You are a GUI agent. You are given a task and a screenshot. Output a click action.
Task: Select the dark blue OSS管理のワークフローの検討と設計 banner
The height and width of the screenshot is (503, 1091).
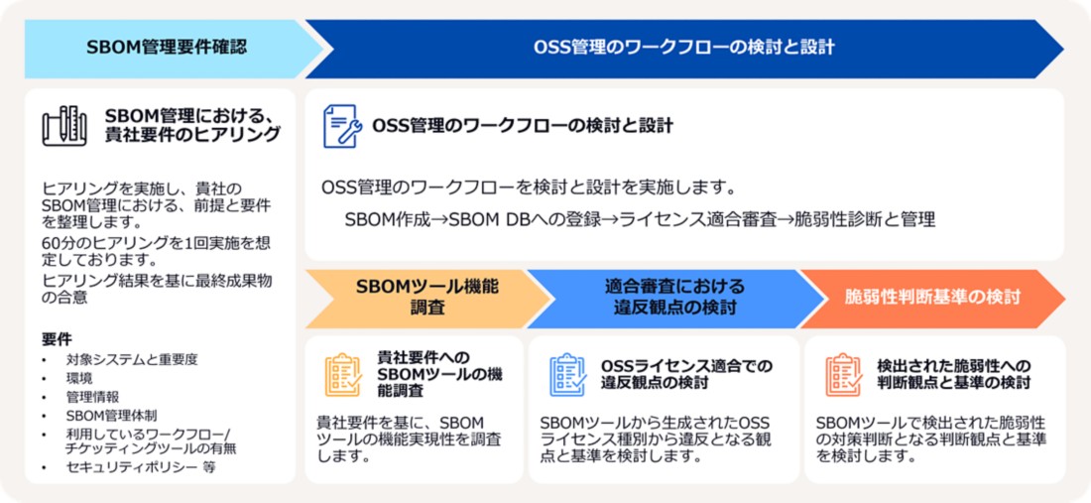683,47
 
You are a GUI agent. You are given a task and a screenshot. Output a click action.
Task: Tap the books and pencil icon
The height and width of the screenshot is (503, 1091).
64,125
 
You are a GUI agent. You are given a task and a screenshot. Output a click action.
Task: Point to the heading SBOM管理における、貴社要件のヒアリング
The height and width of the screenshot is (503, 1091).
192,125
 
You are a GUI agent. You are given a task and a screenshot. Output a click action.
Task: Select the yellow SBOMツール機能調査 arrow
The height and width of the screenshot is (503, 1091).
426,297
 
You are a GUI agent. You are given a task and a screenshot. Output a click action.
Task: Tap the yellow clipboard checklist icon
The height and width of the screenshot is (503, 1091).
343,374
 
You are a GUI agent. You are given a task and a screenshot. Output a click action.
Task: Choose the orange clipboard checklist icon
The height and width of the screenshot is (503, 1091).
843,374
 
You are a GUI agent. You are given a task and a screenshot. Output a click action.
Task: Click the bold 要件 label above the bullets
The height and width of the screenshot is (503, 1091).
57,339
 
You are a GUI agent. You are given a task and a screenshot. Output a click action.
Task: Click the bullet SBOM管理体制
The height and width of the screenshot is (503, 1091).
111,415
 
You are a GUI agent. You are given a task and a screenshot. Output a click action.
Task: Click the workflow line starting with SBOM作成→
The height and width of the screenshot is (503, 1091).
640,219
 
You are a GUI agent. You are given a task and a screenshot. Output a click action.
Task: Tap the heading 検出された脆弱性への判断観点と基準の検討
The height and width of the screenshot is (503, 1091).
953,373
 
